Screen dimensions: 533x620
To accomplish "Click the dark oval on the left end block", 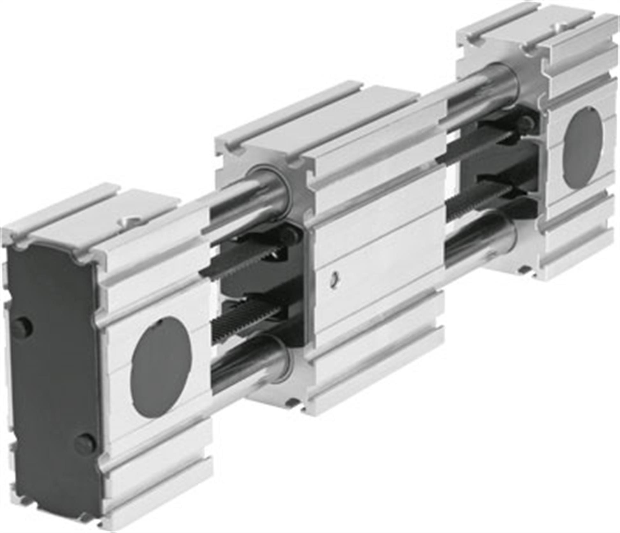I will pyautogui.click(x=161, y=367).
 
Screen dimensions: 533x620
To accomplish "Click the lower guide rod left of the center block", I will pyautogui.click(x=242, y=367).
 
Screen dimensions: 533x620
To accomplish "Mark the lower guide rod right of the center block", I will pyautogui.click(x=478, y=242).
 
